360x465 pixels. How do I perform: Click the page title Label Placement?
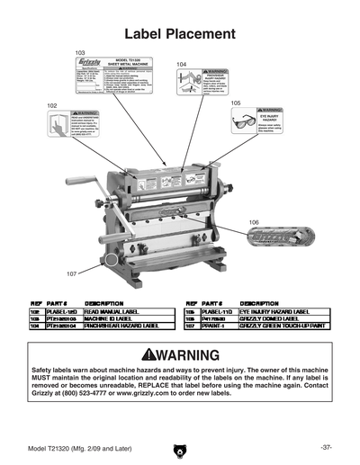(179, 34)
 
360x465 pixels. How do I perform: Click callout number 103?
(81, 54)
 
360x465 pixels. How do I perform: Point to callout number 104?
(183, 65)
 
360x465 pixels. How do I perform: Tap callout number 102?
(52, 105)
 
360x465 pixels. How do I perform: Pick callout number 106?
(254, 221)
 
